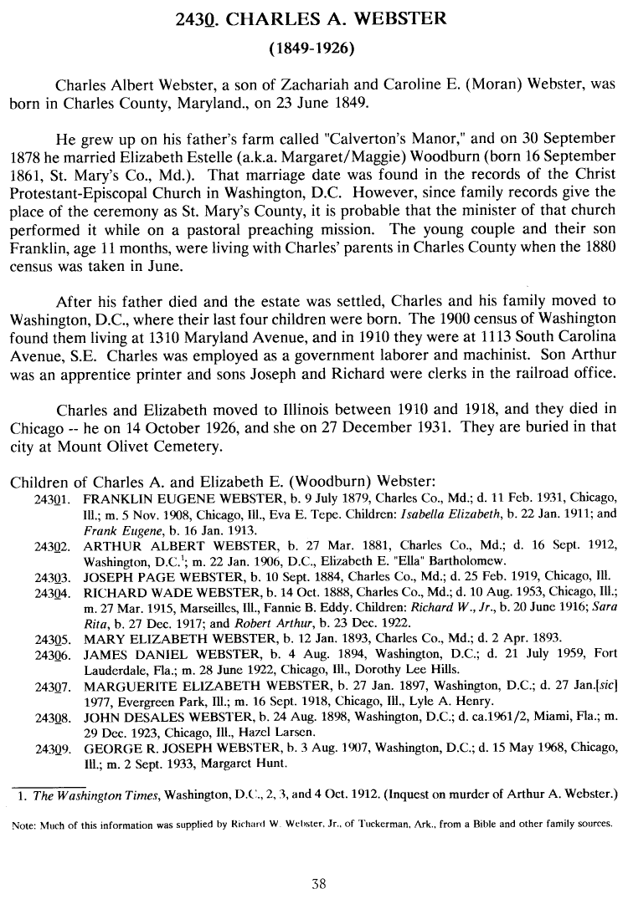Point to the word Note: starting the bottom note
pos(25,824)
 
